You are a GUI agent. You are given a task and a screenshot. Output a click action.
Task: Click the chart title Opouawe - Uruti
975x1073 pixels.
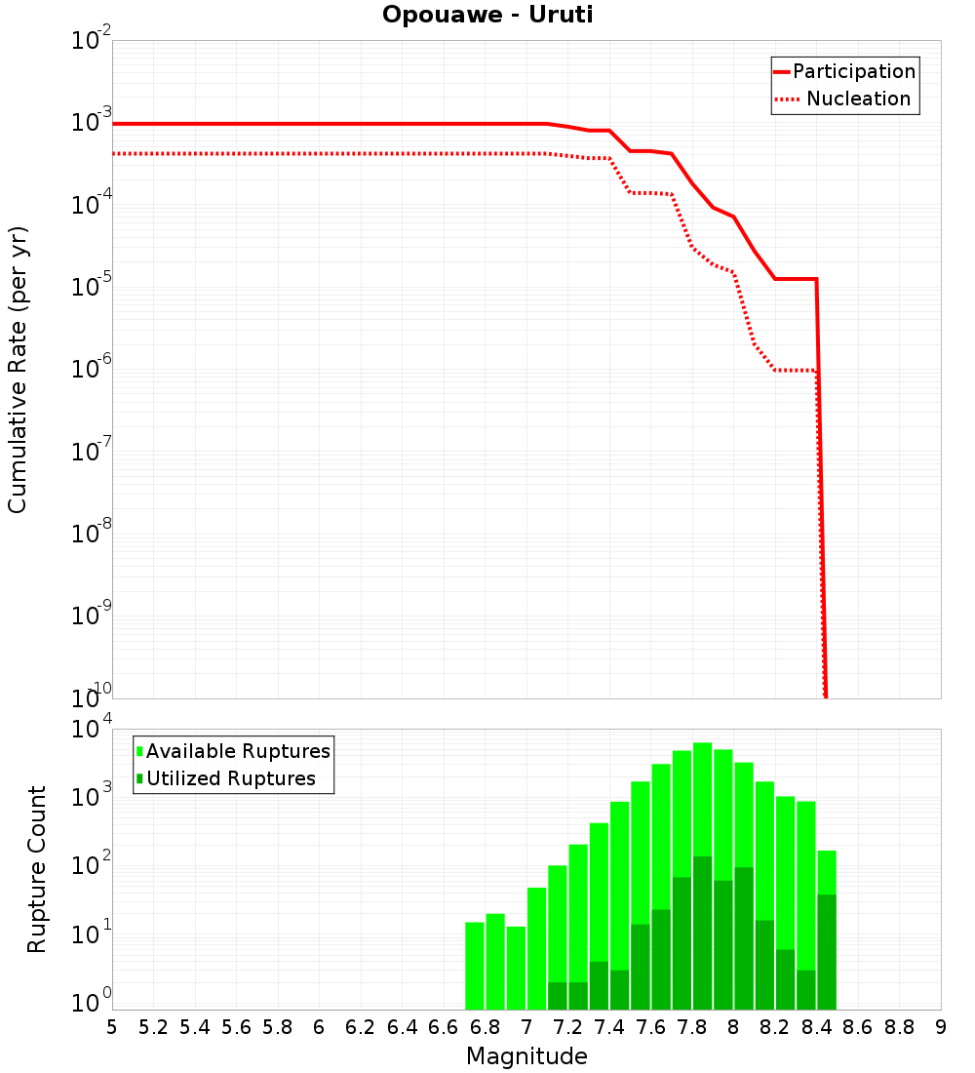[487, 16]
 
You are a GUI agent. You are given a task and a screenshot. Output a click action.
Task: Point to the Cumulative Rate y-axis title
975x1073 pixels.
[18, 370]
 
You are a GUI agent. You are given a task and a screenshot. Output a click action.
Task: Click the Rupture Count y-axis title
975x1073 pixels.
[37, 868]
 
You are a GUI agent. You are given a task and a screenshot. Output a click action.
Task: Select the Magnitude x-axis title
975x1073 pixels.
[526, 1056]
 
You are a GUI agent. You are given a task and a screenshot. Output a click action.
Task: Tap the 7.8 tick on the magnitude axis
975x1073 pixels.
[692, 1027]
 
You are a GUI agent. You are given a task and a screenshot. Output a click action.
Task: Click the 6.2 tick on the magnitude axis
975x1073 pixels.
[361, 1027]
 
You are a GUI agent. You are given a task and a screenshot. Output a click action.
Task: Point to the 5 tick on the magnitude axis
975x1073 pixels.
[112, 1027]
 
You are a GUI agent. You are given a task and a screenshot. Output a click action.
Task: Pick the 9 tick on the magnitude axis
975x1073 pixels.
[941, 1027]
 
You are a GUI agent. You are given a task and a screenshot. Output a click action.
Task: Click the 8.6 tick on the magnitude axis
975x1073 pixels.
[858, 1027]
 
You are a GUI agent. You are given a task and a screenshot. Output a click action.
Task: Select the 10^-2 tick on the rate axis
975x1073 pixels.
[92, 41]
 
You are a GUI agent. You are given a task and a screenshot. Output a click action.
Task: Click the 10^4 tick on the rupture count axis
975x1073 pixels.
[92, 730]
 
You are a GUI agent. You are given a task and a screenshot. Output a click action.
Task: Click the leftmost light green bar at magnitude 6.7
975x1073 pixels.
[475, 966]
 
